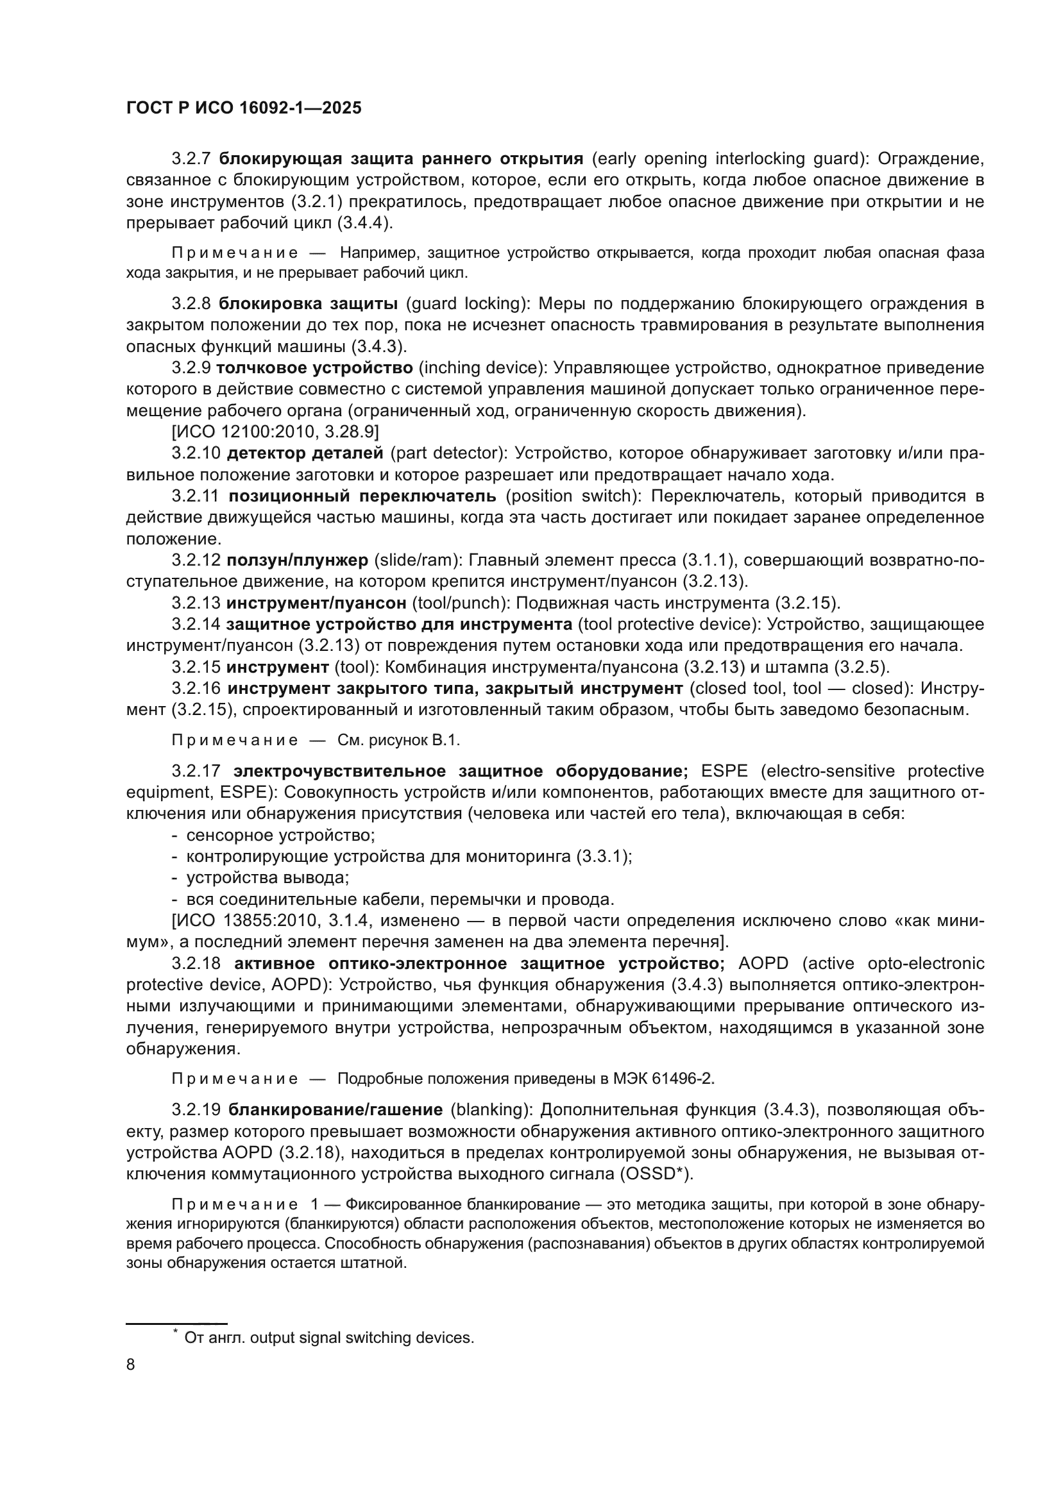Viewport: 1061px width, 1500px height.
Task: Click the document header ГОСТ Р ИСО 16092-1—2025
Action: (244, 108)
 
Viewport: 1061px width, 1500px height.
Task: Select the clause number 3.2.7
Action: (191, 159)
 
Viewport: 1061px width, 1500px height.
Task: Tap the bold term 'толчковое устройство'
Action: (314, 368)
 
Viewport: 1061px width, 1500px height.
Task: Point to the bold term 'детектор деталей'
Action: (305, 453)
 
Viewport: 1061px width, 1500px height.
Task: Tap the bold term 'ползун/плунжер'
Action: (297, 560)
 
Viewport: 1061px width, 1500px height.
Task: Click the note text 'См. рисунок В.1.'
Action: (398, 740)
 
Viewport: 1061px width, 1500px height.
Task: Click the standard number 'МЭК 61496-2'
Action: (662, 1079)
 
